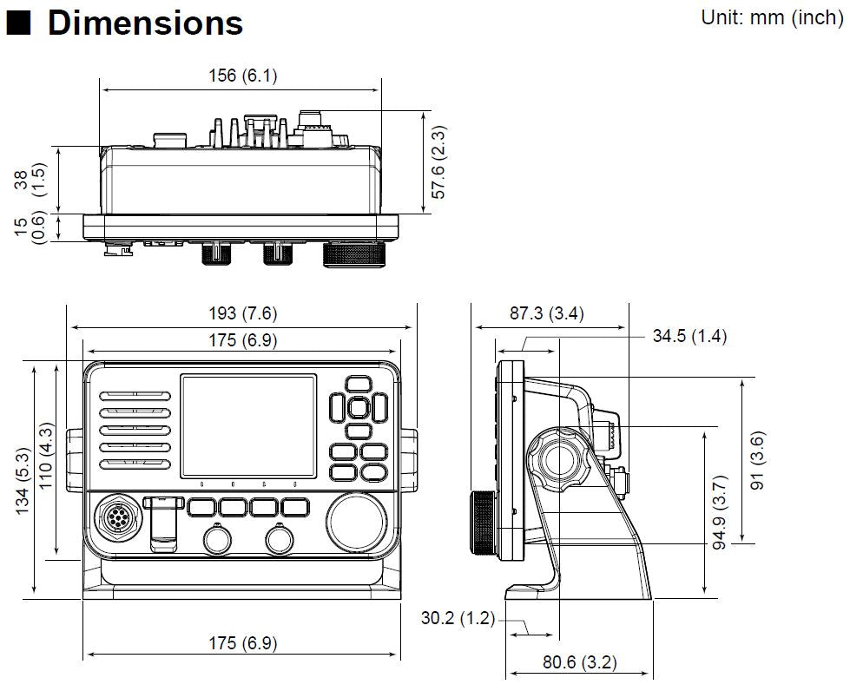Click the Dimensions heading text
[x=145, y=23]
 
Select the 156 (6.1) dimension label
[x=242, y=76]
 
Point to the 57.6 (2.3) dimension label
[x=438, y=162]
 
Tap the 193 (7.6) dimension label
[x=242, y=313]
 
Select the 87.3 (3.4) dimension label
[x=546, y=314]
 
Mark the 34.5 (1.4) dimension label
[x=689, y=336]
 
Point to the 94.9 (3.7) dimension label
[x=719, y=516]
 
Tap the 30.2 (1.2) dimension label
[x=458, y=619]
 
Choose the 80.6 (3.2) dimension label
[x=579, y=662]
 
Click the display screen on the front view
[x=248, y=425]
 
